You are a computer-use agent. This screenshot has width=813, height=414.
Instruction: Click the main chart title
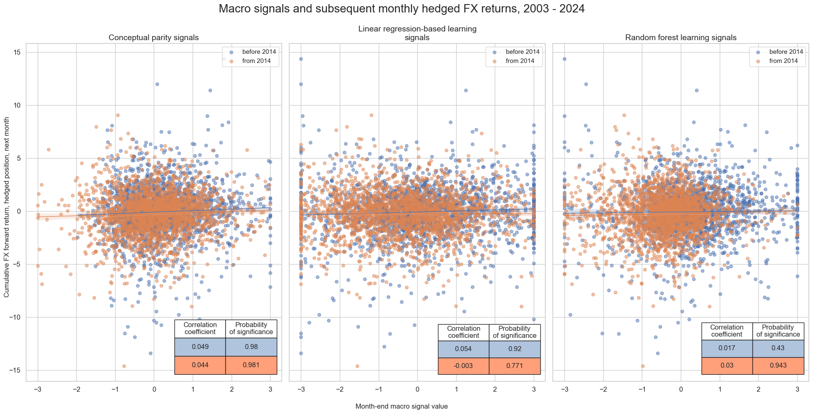(402, 9)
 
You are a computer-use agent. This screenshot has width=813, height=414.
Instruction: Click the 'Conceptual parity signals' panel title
(153, 38)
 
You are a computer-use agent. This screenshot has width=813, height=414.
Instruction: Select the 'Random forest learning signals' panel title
(680, 38)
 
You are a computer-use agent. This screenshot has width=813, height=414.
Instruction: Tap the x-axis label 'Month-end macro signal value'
(402, 407)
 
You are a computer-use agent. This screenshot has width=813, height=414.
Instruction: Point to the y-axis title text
(7, 212)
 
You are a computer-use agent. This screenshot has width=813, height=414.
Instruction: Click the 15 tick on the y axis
(18, 53)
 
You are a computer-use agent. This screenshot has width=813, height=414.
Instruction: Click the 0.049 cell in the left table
(200, 347)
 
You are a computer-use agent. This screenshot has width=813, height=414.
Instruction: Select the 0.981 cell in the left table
(251, 365)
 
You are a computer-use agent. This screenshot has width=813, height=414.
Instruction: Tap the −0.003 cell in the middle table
(463, 366)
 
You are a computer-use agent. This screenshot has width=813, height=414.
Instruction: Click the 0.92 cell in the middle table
(514, 349)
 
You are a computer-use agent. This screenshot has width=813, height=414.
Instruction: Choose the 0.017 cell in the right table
(727, 348)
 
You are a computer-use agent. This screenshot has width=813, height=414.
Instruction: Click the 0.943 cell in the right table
(778, 366)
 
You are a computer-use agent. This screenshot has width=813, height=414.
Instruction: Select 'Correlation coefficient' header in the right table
(727, 331)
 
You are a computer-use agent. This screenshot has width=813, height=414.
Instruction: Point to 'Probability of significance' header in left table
(251, 328)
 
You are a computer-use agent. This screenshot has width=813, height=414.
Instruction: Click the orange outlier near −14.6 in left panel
(124, 366)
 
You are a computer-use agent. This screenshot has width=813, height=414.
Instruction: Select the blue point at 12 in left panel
(157, 84)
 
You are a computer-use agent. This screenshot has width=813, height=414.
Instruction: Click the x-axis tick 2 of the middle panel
(495, 389)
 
